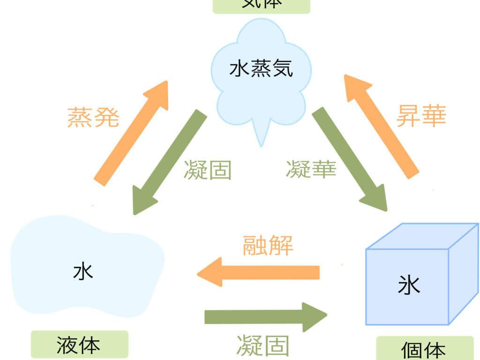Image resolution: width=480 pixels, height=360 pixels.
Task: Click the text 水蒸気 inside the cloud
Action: (261, 69)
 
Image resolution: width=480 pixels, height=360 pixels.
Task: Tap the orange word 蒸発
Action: (93, 117)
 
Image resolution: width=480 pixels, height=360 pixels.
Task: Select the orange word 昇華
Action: (421, 115)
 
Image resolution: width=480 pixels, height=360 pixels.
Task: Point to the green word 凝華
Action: (311, 170)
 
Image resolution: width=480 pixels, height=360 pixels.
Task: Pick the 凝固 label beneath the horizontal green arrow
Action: (263, 346)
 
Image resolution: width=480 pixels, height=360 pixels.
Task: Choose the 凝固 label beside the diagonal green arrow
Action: (208, 170)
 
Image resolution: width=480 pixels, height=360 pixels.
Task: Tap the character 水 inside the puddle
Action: (83, 271)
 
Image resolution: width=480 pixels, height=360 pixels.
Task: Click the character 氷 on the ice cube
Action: (409, 285)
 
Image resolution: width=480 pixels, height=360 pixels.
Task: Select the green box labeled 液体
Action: (79, 345)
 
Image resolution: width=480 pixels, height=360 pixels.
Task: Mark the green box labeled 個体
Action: (425, 349)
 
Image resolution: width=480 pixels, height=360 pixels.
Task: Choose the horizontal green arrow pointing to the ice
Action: (265, 317)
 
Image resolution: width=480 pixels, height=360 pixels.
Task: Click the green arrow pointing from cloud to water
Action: (170, 162)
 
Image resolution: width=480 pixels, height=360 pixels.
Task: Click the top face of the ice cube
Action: (422, 237)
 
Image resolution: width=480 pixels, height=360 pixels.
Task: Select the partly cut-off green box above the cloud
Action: (262, 6)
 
